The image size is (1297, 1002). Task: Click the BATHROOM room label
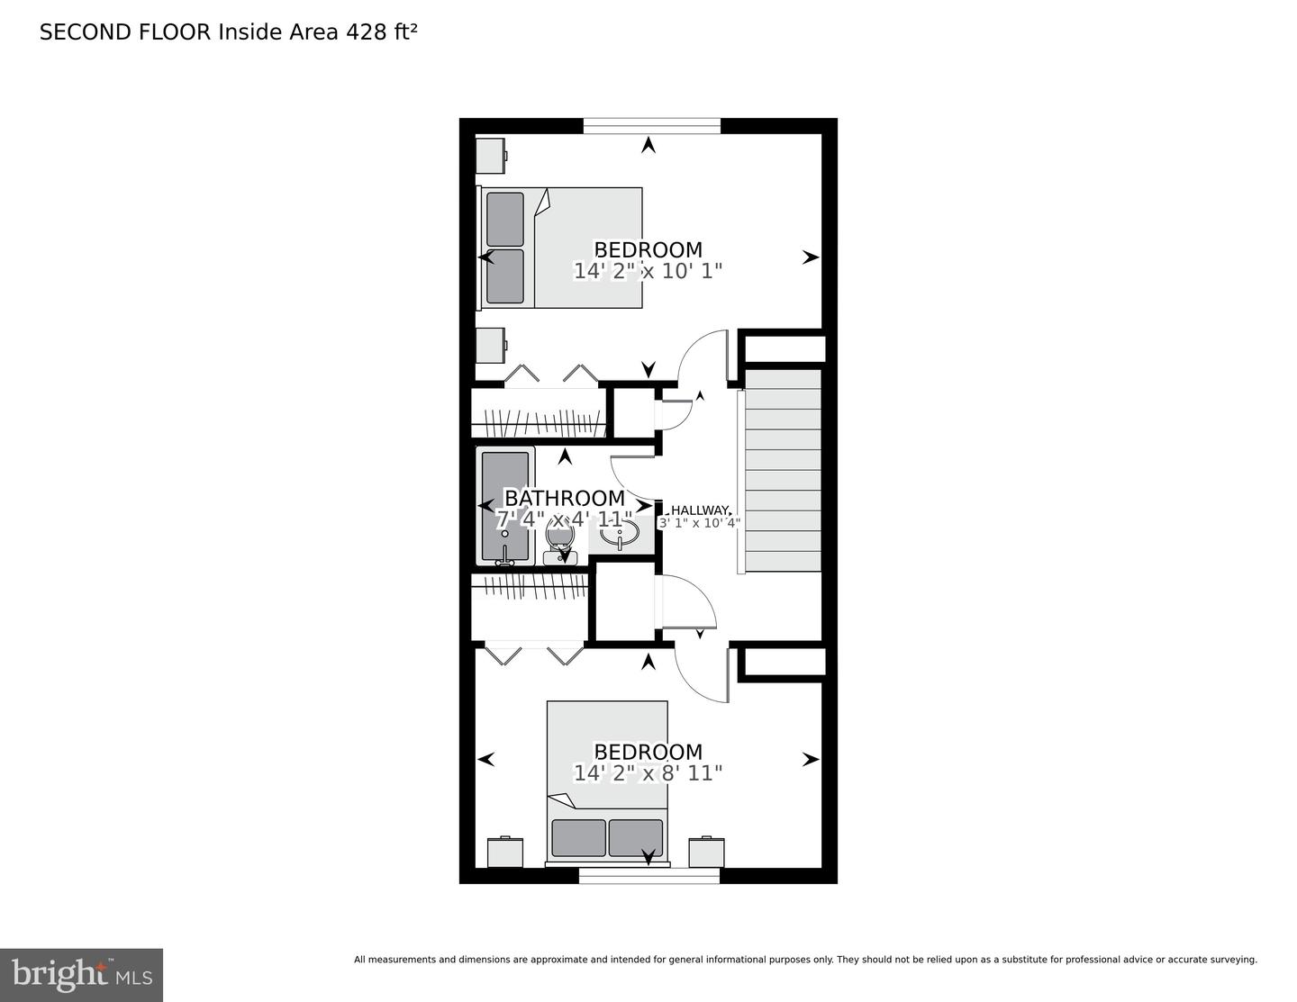click(x=565, y=498)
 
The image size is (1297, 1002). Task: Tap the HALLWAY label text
click(x=700, y=510)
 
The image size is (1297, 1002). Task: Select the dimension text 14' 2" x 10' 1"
click(x=648, y=271)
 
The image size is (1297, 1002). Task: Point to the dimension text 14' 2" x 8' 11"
click(x=648, y=773)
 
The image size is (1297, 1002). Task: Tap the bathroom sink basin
click(x=619, y=533)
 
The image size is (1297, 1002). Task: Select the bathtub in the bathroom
click(x=505, y=506)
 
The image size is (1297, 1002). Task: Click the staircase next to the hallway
click(x=782, y=470)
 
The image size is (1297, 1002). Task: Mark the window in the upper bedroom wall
click(x=652, y=126)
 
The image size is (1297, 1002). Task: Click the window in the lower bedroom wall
click(x=649, y=876)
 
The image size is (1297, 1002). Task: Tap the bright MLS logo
click(x=81, y=975)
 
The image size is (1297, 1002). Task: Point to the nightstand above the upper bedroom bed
click(x=491, y=156)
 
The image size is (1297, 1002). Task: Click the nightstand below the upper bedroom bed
click(x=491, y=346)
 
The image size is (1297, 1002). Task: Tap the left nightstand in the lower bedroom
click(x=505, y=853)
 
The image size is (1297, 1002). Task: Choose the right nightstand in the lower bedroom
click(x=707, y=853)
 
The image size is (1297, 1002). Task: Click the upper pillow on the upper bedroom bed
click(x=505, y=219)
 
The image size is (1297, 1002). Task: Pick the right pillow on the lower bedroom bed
click(x=636, y=837)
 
